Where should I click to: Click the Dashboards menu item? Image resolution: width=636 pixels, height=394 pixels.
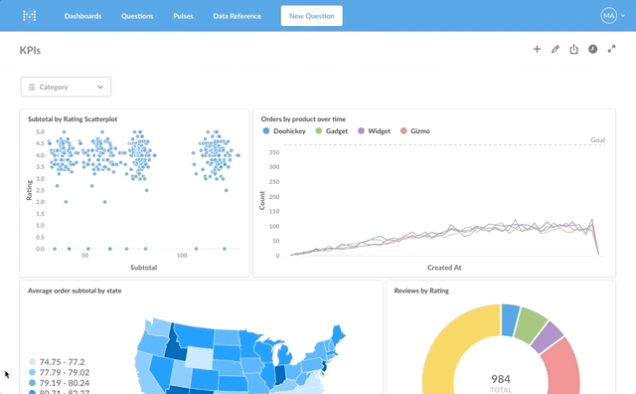tap(82, 16)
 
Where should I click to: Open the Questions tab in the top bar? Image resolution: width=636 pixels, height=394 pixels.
tap(137, 16)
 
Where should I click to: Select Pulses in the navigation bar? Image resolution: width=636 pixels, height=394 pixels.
tap(183, 16)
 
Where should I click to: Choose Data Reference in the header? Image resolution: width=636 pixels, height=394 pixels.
tap(237, 16)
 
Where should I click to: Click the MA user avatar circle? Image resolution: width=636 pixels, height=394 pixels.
tap(608, 16)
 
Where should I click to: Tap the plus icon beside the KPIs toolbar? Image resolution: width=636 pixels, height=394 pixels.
tap(537, 49)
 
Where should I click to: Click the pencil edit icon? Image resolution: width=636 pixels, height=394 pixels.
tap(556, 49)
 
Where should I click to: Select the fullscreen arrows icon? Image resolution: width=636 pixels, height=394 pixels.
tap(612, 49)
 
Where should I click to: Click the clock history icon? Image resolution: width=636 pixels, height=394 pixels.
tap(592, 49)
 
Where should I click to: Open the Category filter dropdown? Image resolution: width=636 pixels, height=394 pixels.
tap(66, 87)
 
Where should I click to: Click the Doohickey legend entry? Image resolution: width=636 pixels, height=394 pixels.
tap(284, 130)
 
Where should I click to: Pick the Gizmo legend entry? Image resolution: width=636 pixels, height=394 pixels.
tap(415, 130)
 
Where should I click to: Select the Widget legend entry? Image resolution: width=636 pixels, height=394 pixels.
tap(374, 130)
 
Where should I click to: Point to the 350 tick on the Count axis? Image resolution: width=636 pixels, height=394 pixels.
tap(274, 152)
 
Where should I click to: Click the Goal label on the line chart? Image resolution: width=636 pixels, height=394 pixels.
tap(597, 140)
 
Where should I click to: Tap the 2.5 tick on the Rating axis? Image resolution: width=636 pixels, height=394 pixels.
tap(40, 190)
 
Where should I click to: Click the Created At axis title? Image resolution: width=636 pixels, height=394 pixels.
tap(444, 268)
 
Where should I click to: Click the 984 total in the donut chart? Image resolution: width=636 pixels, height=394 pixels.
tap(501, 379)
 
